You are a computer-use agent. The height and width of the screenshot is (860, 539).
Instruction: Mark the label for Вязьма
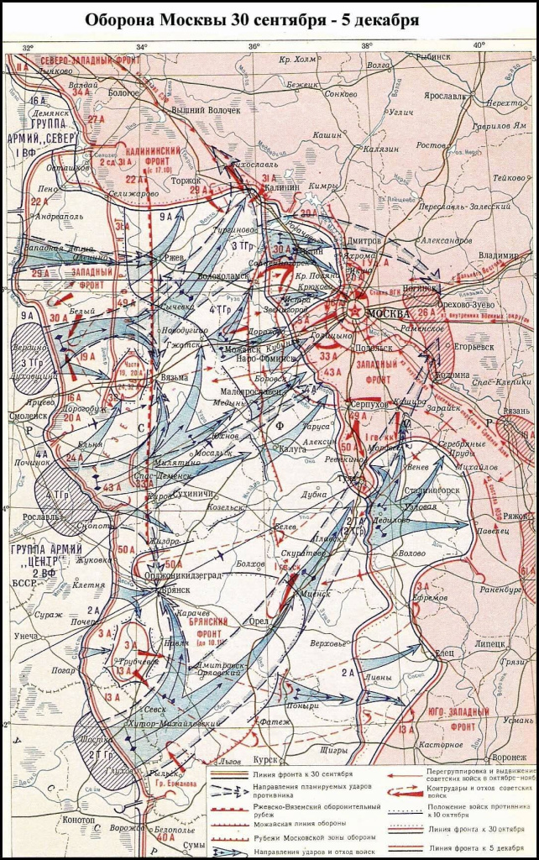pos(175,378)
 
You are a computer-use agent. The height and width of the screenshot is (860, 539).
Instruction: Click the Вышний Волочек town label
pos(206,110)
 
